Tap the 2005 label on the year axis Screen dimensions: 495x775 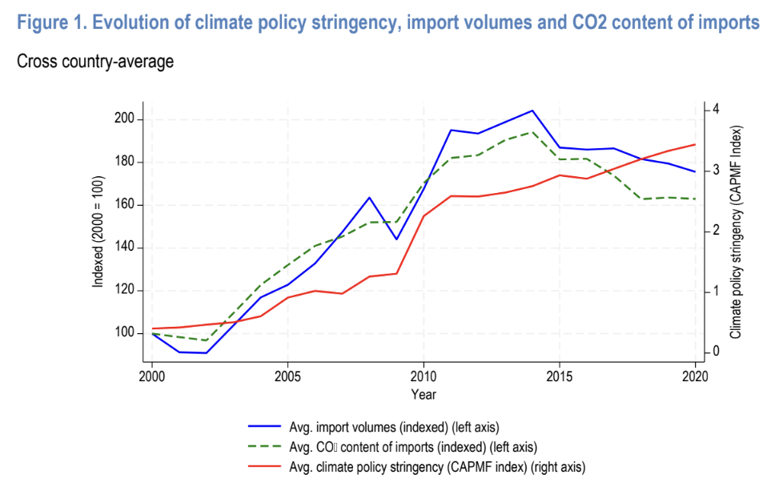coord(287,376)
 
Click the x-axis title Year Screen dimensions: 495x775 coord(424,394)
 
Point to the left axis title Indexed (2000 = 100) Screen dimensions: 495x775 coord(98,232)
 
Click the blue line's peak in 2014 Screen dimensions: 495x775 coord(532,111)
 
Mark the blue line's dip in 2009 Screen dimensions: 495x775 coord(396,239)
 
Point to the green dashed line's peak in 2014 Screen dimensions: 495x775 coord(532,132)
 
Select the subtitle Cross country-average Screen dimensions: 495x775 coord(94,61)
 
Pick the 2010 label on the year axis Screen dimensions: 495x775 coord(424,376)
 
